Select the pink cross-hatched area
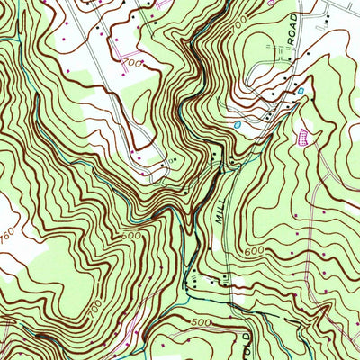tap(303, 136)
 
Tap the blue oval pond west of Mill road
tap(237, 127)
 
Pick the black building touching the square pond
tap(294, 94)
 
